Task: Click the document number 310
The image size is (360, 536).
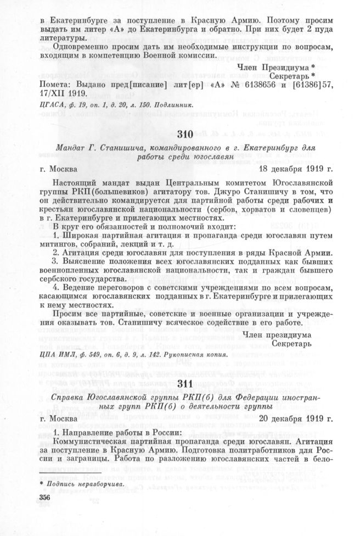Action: coord(187,134)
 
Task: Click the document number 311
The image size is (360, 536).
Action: coord(186,367)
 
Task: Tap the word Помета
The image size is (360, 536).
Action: coord(55,85)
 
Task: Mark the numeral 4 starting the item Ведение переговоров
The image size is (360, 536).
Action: coord(56,286)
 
